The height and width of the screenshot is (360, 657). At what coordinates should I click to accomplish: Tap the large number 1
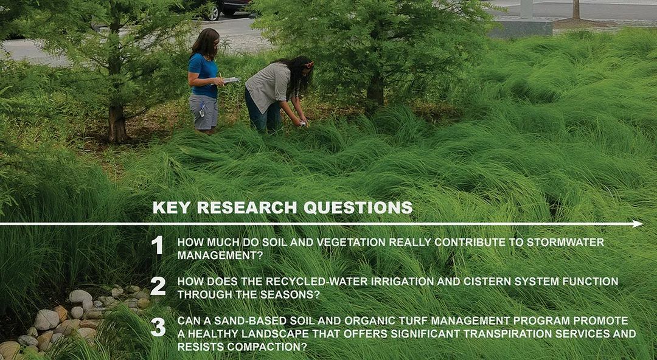(x=157, y=245)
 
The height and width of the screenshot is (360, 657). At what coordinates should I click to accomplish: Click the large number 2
(x=158, y=286)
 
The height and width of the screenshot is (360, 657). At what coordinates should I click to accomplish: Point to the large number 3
(x=158, y=327)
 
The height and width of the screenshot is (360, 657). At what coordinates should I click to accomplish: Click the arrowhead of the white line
(x=638, y=224)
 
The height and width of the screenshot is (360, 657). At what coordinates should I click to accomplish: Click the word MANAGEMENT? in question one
(x=220, y=255)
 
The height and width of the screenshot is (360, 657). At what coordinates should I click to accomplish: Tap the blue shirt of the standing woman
(x=204, y=76)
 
